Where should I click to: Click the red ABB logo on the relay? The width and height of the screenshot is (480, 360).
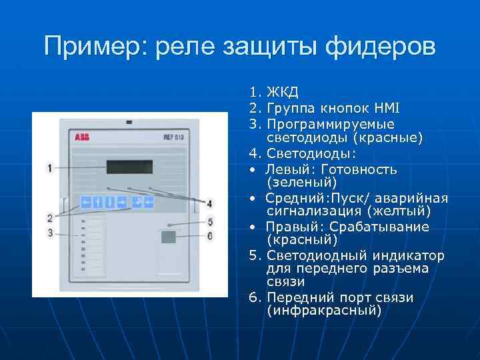[x=82, y=135]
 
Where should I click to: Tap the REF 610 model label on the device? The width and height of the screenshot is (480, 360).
[x=174, y=136]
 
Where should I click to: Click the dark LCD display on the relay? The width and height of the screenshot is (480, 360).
[x=129, y=167]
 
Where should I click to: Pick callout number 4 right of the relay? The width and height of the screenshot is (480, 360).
[x=209, y=203]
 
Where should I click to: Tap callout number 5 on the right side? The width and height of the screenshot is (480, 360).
[x=210, y=222]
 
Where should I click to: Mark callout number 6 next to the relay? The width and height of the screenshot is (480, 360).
[x=210, y=235]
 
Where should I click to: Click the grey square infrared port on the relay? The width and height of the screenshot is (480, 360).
[x=168, y=236]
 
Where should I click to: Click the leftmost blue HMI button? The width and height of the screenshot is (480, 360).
[x=85, y=201]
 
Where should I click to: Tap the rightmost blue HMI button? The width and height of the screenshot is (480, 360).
[x=149, y=201]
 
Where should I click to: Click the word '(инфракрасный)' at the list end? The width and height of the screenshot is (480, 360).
[x=324, y=311]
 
